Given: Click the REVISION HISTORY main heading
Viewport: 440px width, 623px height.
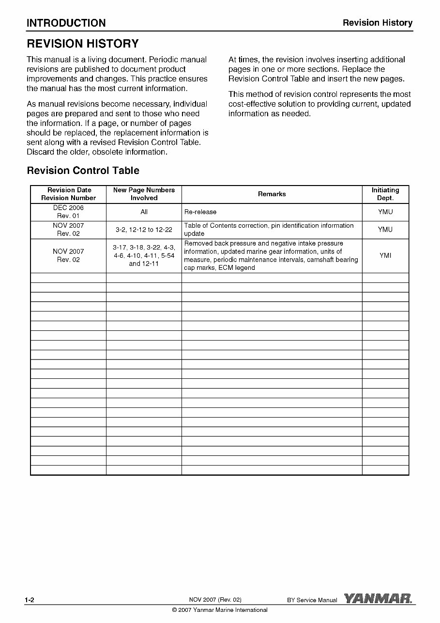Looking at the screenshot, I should [83, 44].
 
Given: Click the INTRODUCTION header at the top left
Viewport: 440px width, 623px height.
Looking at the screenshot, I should [66, 23].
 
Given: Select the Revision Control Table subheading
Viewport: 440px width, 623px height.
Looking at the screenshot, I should [83, 171].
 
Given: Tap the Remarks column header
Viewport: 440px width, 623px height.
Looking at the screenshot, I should [272, 194].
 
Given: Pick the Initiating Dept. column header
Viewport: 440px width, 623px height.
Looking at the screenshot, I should [385, 194].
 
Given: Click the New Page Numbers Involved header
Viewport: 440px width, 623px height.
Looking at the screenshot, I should [144, 194].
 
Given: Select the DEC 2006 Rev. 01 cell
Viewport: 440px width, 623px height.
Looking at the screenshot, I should [68, 212].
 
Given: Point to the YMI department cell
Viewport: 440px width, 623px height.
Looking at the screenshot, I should [385, 255].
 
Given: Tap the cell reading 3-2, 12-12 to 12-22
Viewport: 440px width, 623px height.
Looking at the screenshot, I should [144, 230].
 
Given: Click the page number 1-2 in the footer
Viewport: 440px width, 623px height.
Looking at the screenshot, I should [30, 600].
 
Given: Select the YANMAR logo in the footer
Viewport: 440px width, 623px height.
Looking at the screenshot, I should [378, 599].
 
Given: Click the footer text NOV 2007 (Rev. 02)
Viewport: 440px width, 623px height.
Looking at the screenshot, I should [215, 600].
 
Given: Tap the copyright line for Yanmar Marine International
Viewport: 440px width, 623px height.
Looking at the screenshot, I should [220, 610].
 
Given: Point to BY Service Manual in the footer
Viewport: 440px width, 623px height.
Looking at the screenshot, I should [312, 600].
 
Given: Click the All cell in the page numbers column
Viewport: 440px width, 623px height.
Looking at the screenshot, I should [144, 212].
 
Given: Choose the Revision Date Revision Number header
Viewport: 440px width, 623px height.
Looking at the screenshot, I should [68, 194].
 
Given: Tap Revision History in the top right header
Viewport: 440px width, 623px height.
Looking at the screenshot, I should [378, 23].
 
